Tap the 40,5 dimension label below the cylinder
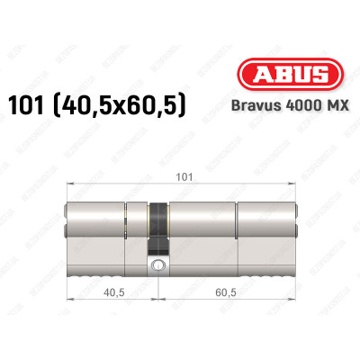[112, 292]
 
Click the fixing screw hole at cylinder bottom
[159, 265]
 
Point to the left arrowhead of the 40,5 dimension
[70, 302]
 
